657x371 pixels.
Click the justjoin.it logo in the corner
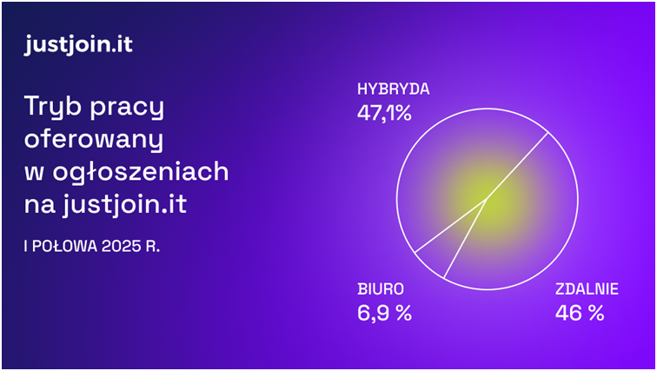[78, 44]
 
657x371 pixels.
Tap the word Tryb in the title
[53, 108]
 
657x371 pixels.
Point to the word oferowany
[94, 139]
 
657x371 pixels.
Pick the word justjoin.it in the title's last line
[125, 205]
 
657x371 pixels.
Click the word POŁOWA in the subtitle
[64, 246]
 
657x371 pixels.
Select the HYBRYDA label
[394, 89]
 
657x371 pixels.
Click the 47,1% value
[384, 113]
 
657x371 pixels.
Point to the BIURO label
[381, 289]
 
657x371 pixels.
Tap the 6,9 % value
[384, 313]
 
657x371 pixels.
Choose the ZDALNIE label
[587, 289]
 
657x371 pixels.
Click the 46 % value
[580, 313]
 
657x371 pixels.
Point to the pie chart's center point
[487, 199]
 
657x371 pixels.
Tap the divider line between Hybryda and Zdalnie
[517, 165]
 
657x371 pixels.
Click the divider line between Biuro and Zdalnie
[465, 238]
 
